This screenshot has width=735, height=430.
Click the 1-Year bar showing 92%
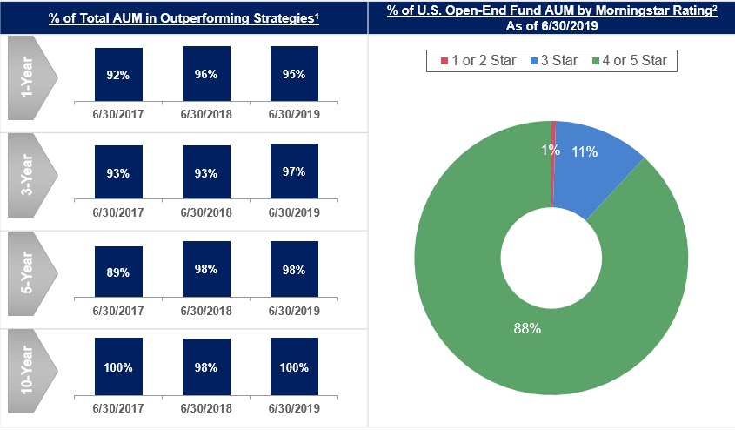[117, 76]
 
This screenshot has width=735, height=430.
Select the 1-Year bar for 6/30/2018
[206, 75]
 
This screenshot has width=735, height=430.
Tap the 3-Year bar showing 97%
[294, 171]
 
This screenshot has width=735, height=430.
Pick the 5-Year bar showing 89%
[117, 272]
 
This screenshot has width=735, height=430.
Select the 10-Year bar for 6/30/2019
[294, 367]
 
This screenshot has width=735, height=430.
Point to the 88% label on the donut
[526, 328]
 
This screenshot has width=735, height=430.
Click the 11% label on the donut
[585, 152]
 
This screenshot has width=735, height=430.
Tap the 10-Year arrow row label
[30, 368]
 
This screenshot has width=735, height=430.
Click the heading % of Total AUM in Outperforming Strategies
[184, 17]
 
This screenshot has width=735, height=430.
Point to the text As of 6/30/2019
[551, 26]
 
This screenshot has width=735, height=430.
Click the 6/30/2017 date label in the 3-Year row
[117, 212]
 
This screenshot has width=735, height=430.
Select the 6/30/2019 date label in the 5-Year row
[294, 309]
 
